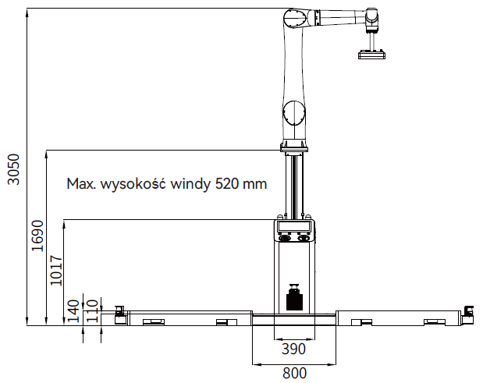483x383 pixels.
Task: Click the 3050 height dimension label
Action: pos(14,169)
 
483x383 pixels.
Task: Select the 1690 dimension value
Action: pos(38,236)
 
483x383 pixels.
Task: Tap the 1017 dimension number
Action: pos(56,271)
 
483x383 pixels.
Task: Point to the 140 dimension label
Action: pos(73,311)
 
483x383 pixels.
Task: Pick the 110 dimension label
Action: pos(92,311)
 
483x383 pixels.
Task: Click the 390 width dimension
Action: pos(294,349)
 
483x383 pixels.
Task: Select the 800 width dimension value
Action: pos(294,373)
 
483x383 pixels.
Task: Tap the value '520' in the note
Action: pos(227,184)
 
